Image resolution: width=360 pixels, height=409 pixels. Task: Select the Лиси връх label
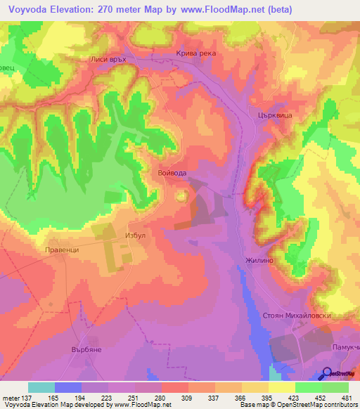coord(108,60)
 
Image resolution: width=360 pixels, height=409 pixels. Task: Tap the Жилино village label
coord(258,260)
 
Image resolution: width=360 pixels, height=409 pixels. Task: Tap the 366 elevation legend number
coord(240,398)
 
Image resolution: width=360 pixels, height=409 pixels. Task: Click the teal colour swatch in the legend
coord(41,387)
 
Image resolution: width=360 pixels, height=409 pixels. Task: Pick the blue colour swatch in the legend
coord(68,387)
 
